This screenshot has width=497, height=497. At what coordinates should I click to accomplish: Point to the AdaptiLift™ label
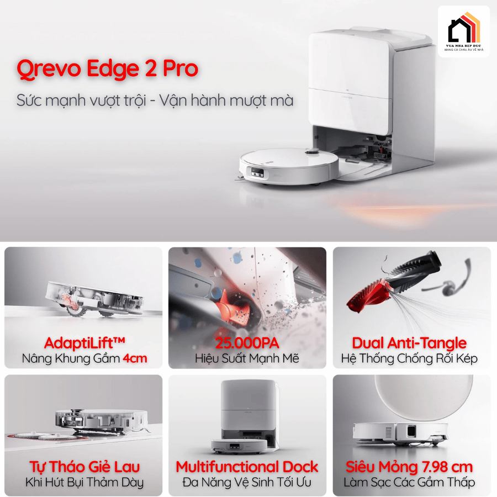pos(83,343)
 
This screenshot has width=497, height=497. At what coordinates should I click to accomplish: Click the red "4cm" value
pos(135,358)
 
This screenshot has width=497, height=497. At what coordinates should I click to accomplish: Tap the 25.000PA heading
pos(247,343)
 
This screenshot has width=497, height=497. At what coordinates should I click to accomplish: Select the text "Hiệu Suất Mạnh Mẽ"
pos(247,358)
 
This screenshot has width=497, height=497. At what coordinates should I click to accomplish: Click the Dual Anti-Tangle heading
pos(409,343)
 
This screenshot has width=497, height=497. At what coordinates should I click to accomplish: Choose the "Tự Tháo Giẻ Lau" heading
pos(84,467)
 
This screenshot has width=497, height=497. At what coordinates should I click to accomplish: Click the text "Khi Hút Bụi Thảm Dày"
pos(84,482)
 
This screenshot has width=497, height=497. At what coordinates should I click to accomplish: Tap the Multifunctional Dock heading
pos(247,467)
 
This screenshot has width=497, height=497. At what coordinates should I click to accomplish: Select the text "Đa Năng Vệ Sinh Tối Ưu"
pos(247,482)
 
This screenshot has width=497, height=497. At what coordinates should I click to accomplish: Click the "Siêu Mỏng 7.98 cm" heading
pos(409,467)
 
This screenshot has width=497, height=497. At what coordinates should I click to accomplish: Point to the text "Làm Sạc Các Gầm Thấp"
pos(409,482)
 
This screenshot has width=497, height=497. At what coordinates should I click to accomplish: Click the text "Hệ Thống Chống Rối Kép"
pos(409,358)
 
